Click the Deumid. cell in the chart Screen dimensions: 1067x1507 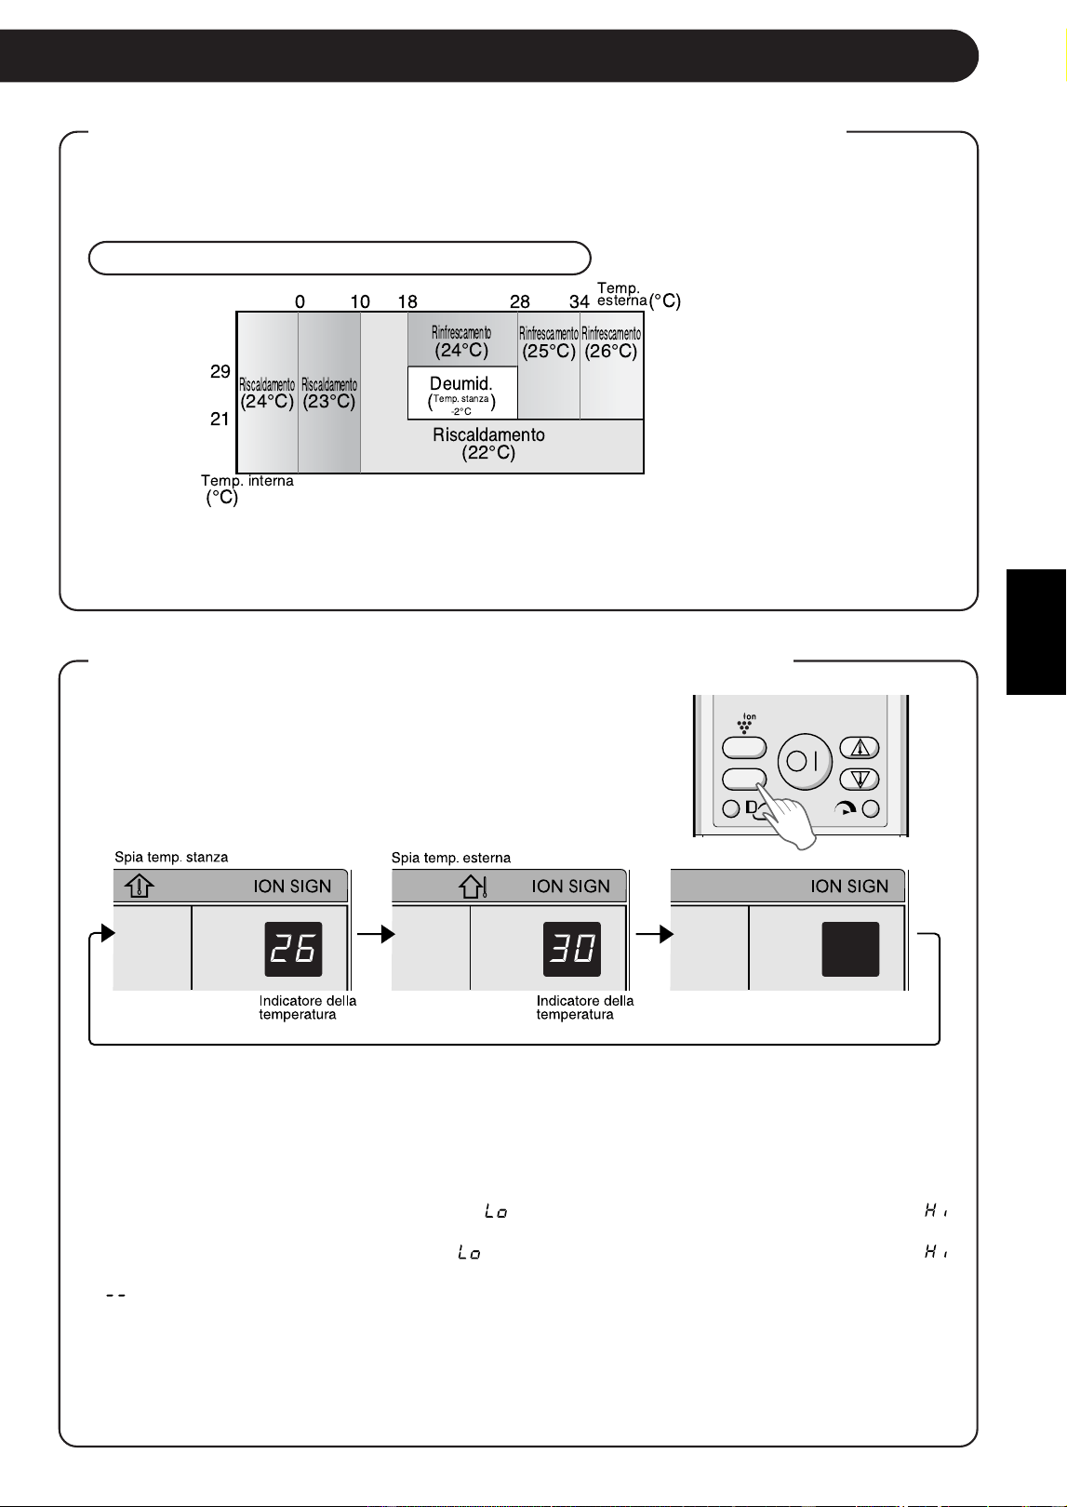(462, 393)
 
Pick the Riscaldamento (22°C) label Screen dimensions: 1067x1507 (488, 444)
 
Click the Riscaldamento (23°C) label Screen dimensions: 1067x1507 (329, 393)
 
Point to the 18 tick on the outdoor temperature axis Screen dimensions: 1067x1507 (407, 301)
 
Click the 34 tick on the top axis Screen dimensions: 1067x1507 (579, 301)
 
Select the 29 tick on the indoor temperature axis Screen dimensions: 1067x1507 (220, 371)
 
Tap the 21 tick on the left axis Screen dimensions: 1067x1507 (220, 420)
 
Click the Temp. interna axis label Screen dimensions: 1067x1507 (247, 489)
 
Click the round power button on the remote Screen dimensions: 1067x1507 (805, 762)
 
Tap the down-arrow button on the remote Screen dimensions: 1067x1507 (860, 779)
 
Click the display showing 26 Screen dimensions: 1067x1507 (293, 949)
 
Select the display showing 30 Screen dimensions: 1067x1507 (572, 949)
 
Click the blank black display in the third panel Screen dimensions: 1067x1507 (850, 949)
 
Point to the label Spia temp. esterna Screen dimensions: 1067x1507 (451, 858)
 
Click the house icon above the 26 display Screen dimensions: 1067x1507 (140, 886)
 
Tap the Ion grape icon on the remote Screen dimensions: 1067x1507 (745, 723)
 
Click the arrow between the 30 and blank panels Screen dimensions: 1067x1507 (654, 934)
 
